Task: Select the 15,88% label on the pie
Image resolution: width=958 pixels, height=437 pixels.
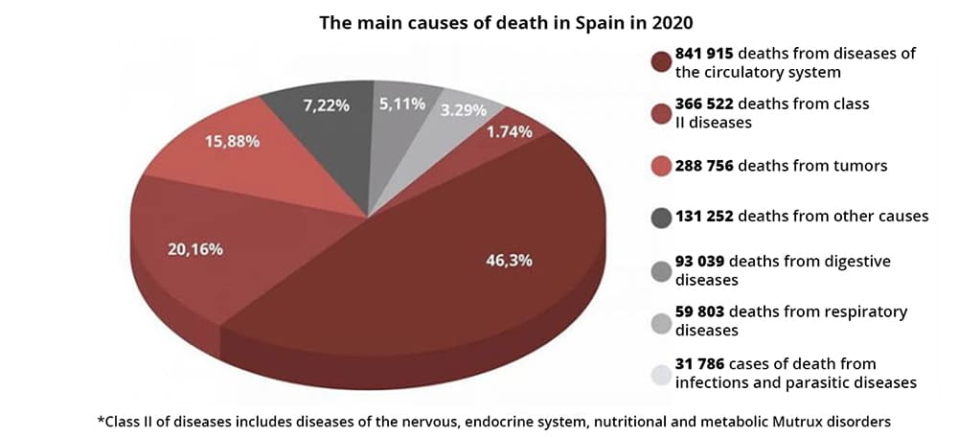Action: tap(232, 141)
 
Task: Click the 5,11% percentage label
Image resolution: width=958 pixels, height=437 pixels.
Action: tap(402, 103)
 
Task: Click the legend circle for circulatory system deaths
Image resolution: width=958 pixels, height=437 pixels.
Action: tap(659, 62)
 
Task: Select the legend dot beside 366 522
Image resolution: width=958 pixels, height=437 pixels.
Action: tap(659, 113)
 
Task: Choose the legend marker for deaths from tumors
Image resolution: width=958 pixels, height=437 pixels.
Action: tap(659, 167)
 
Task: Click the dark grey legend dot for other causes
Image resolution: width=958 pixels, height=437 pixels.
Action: tap(659, 218)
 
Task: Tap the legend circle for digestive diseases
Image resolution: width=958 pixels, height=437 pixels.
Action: tap(659, 270)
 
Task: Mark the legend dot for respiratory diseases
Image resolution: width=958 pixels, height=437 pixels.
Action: tap(659, 321)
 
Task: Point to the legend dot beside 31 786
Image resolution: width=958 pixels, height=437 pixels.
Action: tap(659, 373)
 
